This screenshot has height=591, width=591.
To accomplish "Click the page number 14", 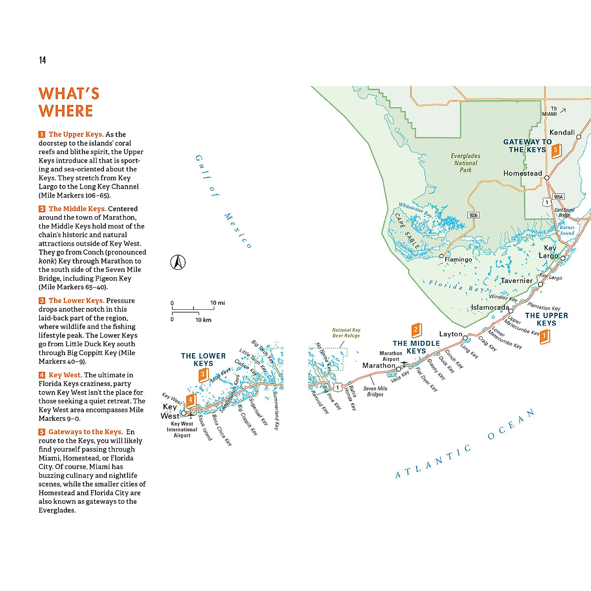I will click(42, 60).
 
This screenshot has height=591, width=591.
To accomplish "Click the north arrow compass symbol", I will click(178, 263).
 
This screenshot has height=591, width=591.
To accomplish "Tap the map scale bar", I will click(193, 311).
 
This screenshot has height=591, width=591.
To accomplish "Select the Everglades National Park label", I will click(465, 163).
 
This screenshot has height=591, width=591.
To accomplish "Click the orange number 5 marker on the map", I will click(556, 150).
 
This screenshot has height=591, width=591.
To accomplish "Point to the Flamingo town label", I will click(458, 259).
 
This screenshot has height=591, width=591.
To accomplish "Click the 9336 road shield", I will click(473, 215).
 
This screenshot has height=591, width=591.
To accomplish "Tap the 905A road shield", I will click(558, 197).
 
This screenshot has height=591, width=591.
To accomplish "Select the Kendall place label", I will click(562, 132).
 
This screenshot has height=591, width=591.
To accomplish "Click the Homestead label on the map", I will click(523, 173).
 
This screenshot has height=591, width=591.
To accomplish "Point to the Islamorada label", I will click(490, 307).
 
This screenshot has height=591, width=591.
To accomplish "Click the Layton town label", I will click(451, 334).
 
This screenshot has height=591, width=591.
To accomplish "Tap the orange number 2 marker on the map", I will click(416, 329).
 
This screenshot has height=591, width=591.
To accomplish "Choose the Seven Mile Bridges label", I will click(375, 392).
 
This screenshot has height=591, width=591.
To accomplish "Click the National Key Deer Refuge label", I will click(346, 333).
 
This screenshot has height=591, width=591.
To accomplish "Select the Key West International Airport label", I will click(182, 429).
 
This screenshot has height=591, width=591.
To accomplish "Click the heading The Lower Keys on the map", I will click(203, 360).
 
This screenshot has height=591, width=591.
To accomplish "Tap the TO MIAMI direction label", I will click(550, 111).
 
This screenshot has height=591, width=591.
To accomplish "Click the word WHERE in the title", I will click(66, 111).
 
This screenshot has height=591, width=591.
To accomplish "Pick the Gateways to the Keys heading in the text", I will click(85, 432).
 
